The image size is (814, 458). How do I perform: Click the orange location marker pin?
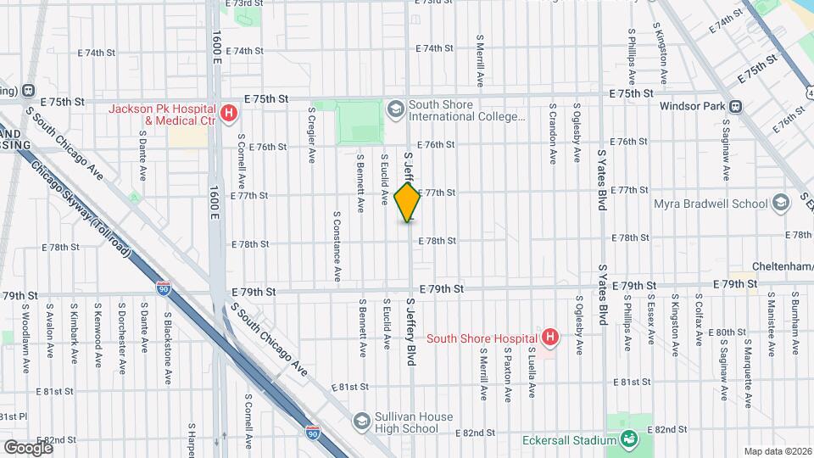pos(408,203)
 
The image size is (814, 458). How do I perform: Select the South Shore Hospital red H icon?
pos(549,338)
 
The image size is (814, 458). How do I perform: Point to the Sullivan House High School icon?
pos(361,422)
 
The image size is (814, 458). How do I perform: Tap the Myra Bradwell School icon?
pos(781,203)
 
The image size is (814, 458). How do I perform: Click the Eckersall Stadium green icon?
pos(628,439)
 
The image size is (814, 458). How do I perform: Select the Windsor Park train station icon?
pos(734,107)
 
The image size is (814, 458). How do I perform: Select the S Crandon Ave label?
pos(553,133)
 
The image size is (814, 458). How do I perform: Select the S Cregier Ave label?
pos(312,135)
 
